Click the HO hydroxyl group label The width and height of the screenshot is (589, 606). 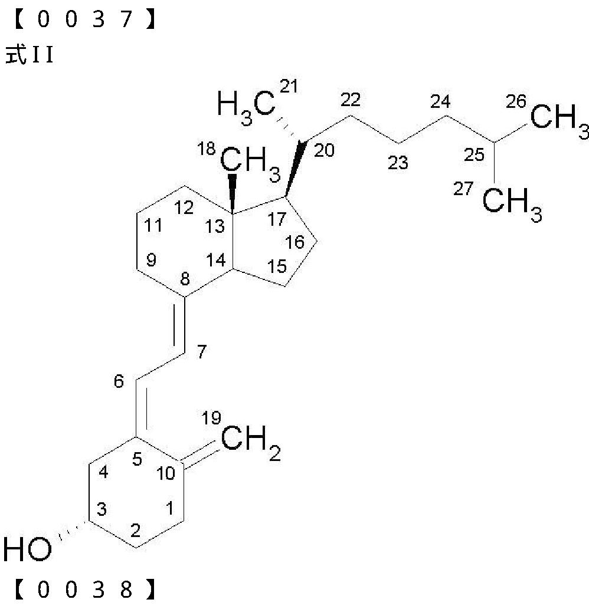click(27, 549)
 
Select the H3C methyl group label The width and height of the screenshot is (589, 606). click(246, 106)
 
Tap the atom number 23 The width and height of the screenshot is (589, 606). click(398, 163)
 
